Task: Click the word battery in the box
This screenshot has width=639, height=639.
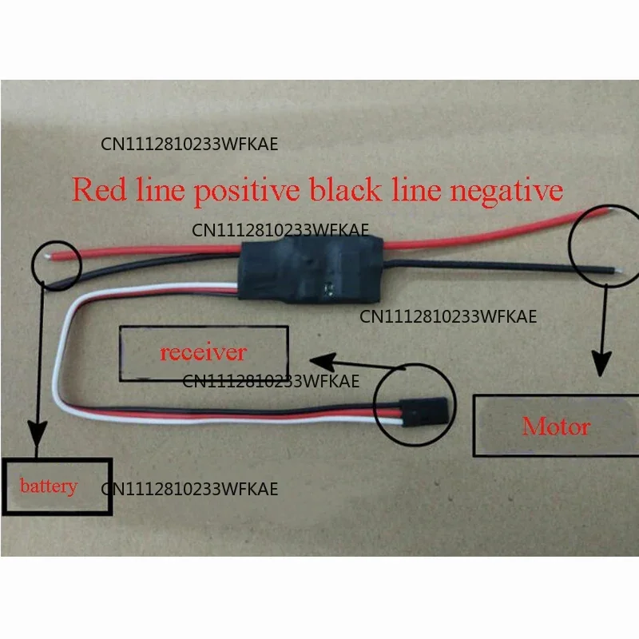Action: click(49, 486)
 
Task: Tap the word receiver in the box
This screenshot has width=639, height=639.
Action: click(204, 352)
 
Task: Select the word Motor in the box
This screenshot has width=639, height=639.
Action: click(556, 427)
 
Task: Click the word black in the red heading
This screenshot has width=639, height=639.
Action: click(346, 189)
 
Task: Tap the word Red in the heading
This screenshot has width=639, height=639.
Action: click(99, 189)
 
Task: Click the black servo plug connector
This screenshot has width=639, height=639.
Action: click(424, 411)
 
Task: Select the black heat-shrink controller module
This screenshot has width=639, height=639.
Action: click(311, 270)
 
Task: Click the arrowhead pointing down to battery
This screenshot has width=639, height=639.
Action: click(37, 433)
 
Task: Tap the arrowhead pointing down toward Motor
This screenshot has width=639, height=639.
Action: click(601, 363)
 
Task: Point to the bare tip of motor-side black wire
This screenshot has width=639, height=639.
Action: click(618, 270)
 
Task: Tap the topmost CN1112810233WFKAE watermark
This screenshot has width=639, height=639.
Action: click(189, 145)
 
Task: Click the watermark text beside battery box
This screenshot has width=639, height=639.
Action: click(189, 489)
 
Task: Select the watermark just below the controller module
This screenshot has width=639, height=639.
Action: click(448, 316)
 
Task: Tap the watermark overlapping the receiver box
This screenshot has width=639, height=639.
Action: click(271, 382)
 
